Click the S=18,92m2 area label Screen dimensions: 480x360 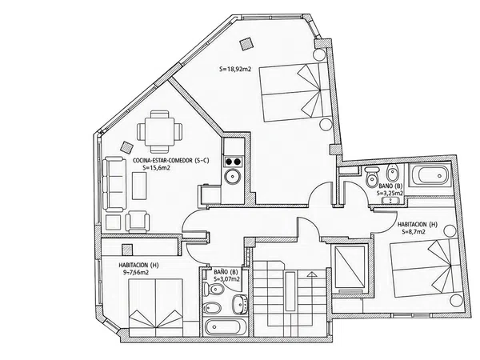click(x=235, y=69)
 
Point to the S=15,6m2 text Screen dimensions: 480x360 click(x=157, y=168)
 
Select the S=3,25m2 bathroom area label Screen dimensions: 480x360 click(x=390, y=193)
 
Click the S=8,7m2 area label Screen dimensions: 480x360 click(x=414, y=232)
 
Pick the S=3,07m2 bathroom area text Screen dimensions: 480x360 click(x=226, y=279)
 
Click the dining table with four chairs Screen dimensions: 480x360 click(x=159, y=132)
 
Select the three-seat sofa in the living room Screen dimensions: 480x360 click(x=114, y=184)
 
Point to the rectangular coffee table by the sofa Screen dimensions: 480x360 click(x=139, y=186)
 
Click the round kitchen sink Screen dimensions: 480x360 click(x=234, y=176)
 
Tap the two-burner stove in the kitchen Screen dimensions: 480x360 click(x=234, y=162)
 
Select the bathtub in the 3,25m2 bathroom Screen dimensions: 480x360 click(x=430, y=175)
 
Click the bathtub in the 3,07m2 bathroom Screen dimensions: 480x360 click(x=226, y=327)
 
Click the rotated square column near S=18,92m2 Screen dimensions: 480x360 click(x=246, y=44)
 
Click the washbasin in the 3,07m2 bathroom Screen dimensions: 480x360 click(x=240, y=304)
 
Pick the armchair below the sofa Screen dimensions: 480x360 click(x=138, y=222)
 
